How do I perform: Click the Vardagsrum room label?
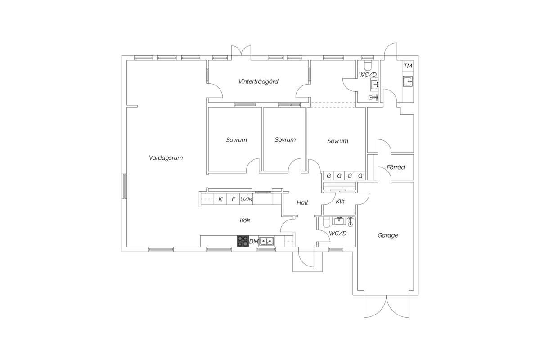(x=166, y=158)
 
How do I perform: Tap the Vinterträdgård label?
(x=258, y=81)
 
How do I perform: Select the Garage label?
(x=387, y=235)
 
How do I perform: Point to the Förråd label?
(x=396, y=167)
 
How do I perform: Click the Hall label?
(x=302, y=202)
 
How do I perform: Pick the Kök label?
(x=245, y=220)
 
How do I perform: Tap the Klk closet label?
(x=340, y=201)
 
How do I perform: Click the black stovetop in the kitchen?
(x=243, y=241)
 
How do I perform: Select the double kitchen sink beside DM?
(x=266, y=241)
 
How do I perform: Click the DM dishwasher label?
(x=254, y=241)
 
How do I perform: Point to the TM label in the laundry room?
(x=408, y=66)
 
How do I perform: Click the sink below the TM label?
(x=408, y=81)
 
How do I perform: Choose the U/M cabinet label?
(x=246, y=199)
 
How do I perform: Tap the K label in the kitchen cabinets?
(x=220, y=199)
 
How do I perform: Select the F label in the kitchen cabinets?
(x=234, y=199)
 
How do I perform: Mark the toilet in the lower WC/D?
(x=325, y=222)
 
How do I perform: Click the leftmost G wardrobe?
(x=328, y=176)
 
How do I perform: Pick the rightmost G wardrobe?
(x=360, y=176)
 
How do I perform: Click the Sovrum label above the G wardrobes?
(x=337, y=141)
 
